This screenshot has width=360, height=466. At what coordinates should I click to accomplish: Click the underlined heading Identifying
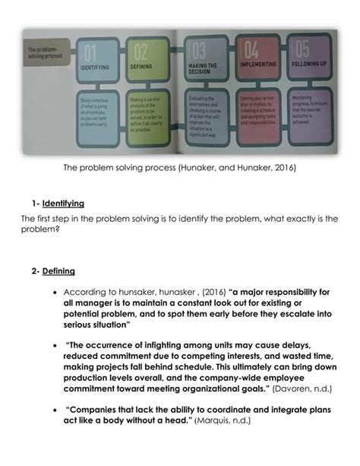tap(63, 204)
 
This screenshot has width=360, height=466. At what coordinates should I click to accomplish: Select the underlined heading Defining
tap(58, 271)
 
